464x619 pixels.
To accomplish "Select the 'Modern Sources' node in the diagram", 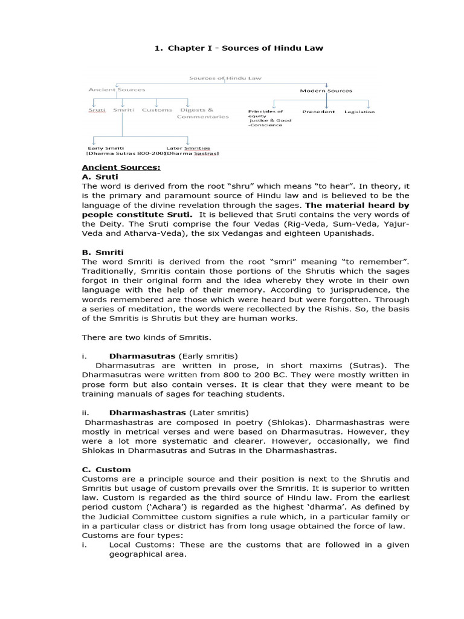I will [326, 91].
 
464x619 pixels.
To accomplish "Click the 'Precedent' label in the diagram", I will [318, 111].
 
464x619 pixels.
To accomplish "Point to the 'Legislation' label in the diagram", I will [359, 111].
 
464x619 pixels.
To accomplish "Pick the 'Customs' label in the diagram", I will [157, 110].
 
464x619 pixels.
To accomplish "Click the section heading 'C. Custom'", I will [105, 469].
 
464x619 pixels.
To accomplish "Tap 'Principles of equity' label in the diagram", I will [265, 114].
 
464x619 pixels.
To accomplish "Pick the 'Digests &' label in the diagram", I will [196, 110].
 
